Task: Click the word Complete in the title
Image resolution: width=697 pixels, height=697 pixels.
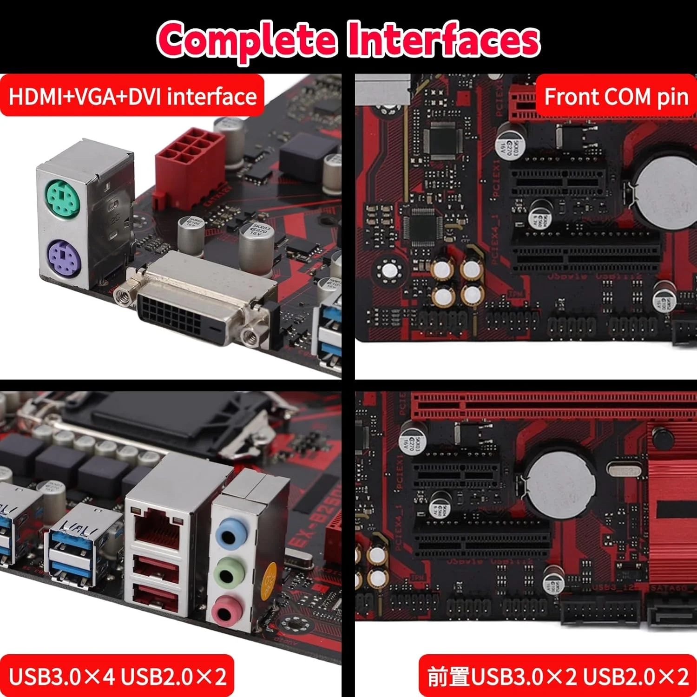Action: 246,39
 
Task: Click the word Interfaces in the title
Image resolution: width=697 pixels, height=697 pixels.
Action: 444,39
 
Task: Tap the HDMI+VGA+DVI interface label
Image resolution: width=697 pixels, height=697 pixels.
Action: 132,96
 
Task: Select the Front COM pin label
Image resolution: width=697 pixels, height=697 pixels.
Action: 616,97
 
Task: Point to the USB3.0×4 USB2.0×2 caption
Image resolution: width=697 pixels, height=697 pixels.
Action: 117,676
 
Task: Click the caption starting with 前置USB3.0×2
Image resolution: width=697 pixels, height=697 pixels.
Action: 558,676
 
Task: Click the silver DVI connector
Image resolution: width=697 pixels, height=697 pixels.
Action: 197,302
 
